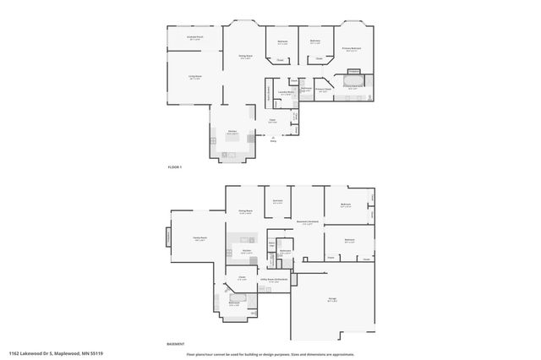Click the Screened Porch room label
(x=194, y=38)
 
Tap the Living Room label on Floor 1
(x=194, y=77)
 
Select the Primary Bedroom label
(x=352, y=50)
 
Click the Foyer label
(x=272, y=121)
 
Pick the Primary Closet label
(x=323, y=90)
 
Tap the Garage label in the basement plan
(x=332, y=300)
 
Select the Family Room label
(x=199, y=239)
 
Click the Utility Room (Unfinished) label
(x=280, y=280)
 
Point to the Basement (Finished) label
(x=307, y=222)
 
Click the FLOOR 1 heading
(x=175, y=168)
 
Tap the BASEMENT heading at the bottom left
(x=176, y=344)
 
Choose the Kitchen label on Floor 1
(x=232, y=132)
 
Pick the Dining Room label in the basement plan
(x=246, y=211)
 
